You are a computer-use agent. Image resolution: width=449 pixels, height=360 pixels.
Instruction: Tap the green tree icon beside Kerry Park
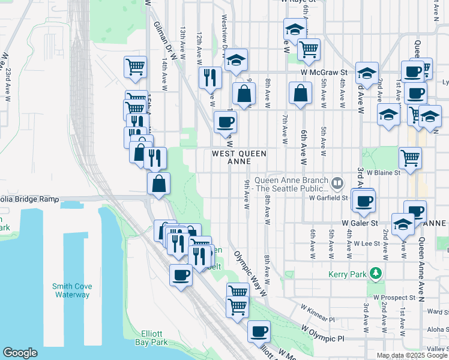pos(376,274)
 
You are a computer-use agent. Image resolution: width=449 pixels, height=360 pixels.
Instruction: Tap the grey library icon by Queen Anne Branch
pos(338,181)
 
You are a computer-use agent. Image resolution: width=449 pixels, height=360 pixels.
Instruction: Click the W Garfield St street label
pos(328,197)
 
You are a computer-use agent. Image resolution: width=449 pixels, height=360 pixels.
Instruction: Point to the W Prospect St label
pos(394,297)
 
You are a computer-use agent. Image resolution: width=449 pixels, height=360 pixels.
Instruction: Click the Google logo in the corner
pos(20,353)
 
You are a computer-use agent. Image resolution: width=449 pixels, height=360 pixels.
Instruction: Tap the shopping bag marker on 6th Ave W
pos(300,93)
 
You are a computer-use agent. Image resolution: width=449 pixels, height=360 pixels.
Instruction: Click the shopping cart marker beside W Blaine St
pos(411,158)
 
